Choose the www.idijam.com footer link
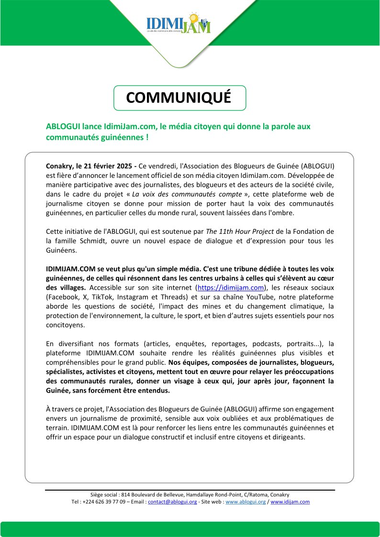tap(290, 502)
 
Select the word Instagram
tap(127, 296)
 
